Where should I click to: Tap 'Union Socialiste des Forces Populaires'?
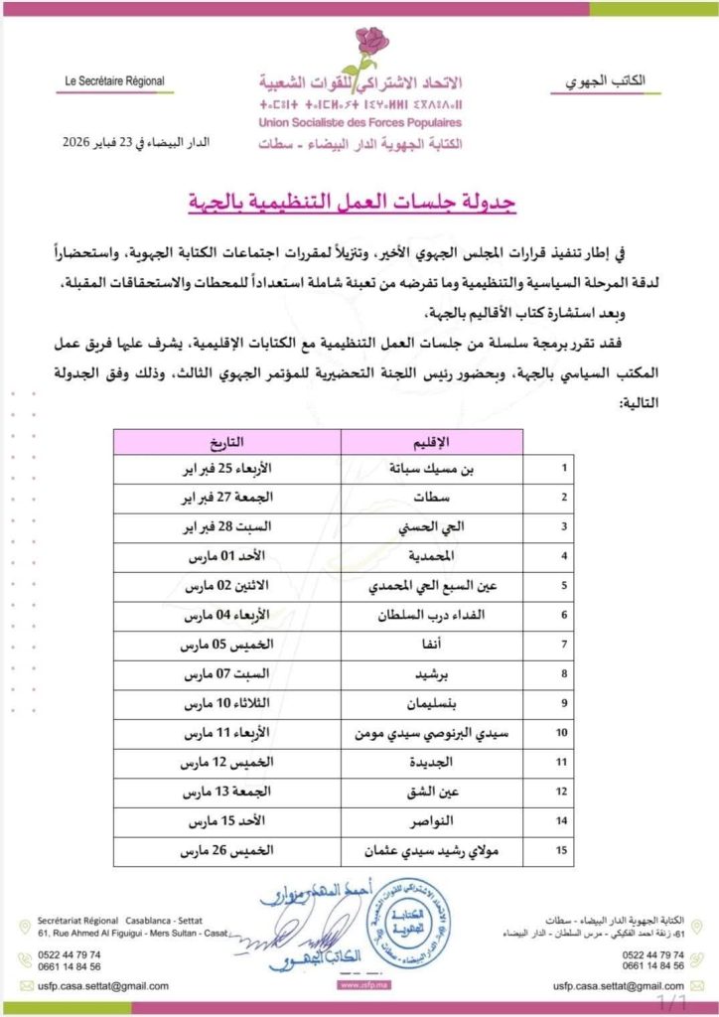tap(359, 122)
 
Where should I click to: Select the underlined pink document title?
tap(359, 204)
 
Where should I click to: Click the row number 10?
tap(565, 733)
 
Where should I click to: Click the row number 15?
tap(565, 851)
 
